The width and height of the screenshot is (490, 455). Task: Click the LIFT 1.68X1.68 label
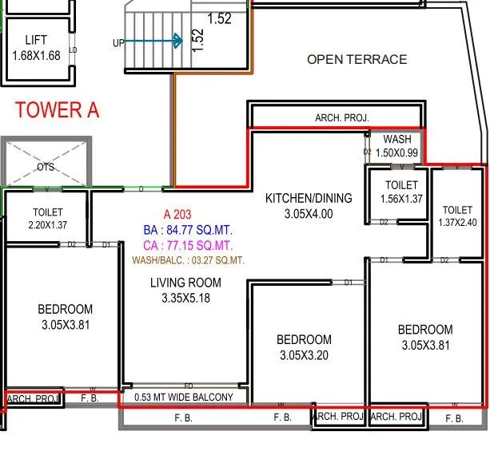36,48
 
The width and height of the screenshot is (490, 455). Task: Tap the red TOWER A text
57,110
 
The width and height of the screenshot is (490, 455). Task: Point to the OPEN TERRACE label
357,59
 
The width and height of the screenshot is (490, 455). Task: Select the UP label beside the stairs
118,43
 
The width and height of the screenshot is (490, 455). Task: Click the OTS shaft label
46,168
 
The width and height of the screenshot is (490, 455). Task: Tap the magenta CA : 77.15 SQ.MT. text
188,245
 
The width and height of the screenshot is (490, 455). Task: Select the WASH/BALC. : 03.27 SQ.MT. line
188,260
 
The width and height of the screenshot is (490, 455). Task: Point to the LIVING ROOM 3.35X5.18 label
185,291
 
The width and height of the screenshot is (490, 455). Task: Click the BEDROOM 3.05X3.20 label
304,347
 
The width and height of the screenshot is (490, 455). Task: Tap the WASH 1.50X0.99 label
397,146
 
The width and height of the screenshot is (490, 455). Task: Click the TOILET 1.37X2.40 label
458,216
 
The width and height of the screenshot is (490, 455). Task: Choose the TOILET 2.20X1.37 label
48,220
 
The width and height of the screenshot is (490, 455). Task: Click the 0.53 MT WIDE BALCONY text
184,397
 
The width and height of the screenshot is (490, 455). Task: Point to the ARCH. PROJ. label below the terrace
342,118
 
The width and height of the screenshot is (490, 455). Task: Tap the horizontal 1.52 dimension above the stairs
220,18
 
